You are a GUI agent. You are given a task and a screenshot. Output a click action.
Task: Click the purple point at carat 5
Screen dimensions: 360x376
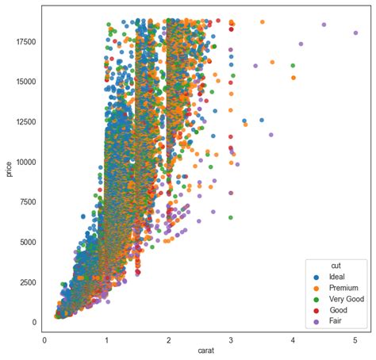point(355,33)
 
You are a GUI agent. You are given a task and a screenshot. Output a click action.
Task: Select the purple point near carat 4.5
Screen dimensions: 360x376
point(324,25)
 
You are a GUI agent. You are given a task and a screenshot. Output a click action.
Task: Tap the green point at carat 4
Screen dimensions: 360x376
point(293,66)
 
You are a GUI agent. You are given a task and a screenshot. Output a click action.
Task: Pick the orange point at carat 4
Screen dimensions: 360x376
point(293,78)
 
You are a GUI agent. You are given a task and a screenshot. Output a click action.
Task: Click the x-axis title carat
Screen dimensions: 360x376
point(200,350)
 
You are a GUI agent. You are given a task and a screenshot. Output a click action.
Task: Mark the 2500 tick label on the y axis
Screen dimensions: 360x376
point(27,282)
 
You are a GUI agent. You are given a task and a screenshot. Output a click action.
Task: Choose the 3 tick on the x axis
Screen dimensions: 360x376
point(231,339)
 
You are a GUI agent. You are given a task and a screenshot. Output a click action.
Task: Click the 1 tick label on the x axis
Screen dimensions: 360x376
point(106,339)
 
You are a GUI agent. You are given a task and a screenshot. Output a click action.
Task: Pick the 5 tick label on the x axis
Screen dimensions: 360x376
point(355,339)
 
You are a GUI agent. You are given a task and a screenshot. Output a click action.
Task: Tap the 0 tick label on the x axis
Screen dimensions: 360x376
point(44,339)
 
